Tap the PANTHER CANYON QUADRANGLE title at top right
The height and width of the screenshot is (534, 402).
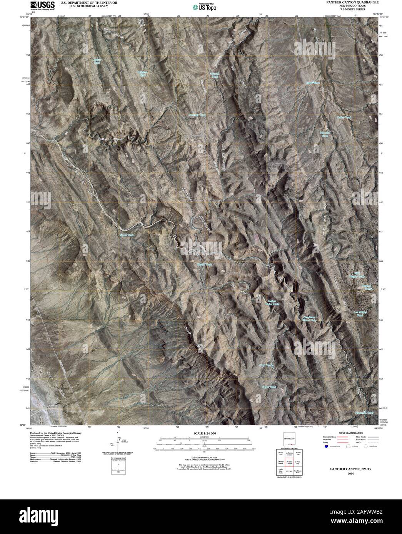[347, 2]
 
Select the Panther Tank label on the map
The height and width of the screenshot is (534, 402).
[197, 115]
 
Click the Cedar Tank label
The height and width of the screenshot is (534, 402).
[344, 117]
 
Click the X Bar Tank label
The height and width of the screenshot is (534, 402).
[269, 387]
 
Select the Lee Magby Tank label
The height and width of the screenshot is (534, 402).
[360, 313]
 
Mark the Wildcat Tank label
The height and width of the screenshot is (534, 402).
[143, 74]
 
